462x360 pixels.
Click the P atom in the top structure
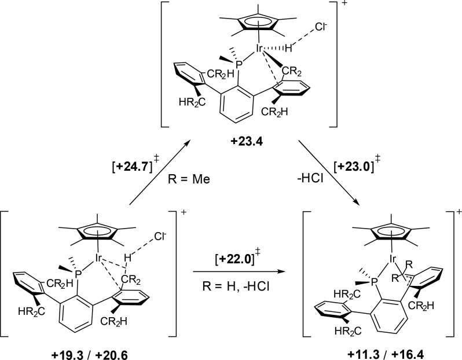pyautogui.click(x=221, y=75)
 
